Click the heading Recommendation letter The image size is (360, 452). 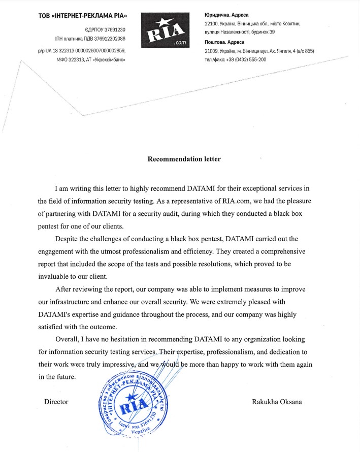pyautogui.click(x=184, y=159)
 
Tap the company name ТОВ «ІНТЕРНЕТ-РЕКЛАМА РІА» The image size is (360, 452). pyautogui.click(x=83, y=16)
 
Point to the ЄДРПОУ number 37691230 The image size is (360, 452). pyautogui.click(x=113, y=30)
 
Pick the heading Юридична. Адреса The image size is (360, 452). pyautogui.click(x=226, y=15)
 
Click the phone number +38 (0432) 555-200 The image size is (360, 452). pyautogui.click(x=249, y=59)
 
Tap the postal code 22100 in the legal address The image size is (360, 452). pyautogui.click(x=212, y=24)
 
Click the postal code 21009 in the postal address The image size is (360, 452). pyautogui.click(x=212, y=51)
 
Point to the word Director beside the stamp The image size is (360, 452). pyautogui.click(x=56, y=402)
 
